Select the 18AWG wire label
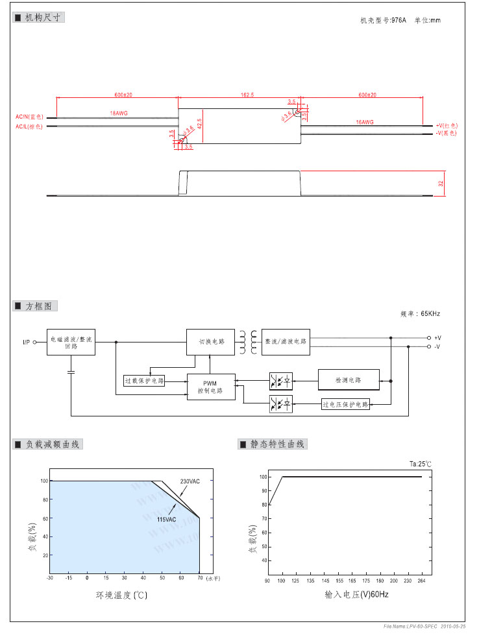point(119,114)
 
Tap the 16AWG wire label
point(365,122)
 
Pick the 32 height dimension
point(441,184)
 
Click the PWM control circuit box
point(211,387)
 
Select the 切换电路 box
point(211,342)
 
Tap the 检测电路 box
point(349,379)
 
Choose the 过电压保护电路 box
point(345,404)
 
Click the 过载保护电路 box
point(144,380)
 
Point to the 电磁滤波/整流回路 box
point(71,342)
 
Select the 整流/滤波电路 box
point(286,342)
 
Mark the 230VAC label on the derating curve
point(190,481)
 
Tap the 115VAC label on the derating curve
point(166,520)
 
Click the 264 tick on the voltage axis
point(422,581)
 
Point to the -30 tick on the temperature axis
point(50,577)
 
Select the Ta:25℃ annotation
point(421,464)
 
